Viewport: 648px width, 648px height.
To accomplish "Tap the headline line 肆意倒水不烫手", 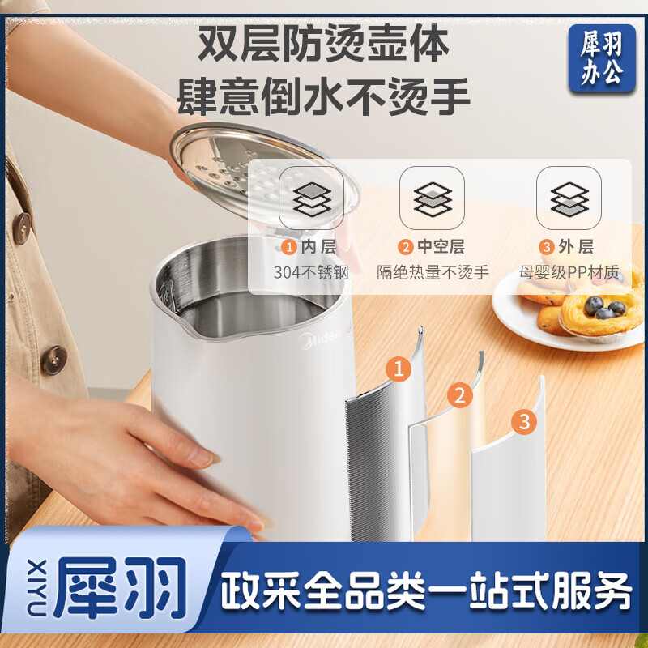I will (324, 96).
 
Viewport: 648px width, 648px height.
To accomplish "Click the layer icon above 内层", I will (311, 198).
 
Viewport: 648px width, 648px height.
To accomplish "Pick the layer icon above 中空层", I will (432, 198).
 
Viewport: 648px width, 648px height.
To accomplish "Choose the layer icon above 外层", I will (569, 198).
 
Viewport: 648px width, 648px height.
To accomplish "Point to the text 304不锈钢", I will (311, 272).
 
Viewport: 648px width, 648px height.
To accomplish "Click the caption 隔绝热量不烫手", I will (433, 272).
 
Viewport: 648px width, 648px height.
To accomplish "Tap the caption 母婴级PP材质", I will (569, 272).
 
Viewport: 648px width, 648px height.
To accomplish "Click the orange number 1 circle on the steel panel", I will (398, 370).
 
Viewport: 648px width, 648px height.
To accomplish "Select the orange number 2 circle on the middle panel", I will (460, 395).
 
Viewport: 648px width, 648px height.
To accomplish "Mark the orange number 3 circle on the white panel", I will (523, 421).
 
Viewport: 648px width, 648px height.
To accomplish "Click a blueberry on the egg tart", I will (598, 305).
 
